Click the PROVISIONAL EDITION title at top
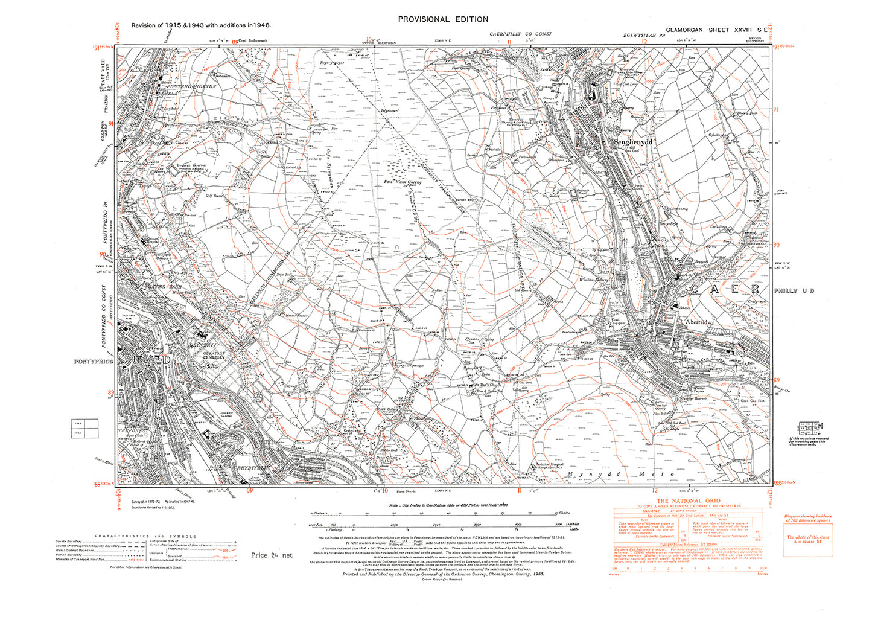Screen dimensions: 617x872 click(x=443, y=19)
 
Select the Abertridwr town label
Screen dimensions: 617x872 click(x=699, y=322)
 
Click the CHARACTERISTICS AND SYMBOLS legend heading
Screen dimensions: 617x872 click(x=145, y=536)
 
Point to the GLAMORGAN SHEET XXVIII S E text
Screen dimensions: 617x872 click(x=716, y=30)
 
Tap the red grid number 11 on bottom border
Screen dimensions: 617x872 click(x=519, y=490)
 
